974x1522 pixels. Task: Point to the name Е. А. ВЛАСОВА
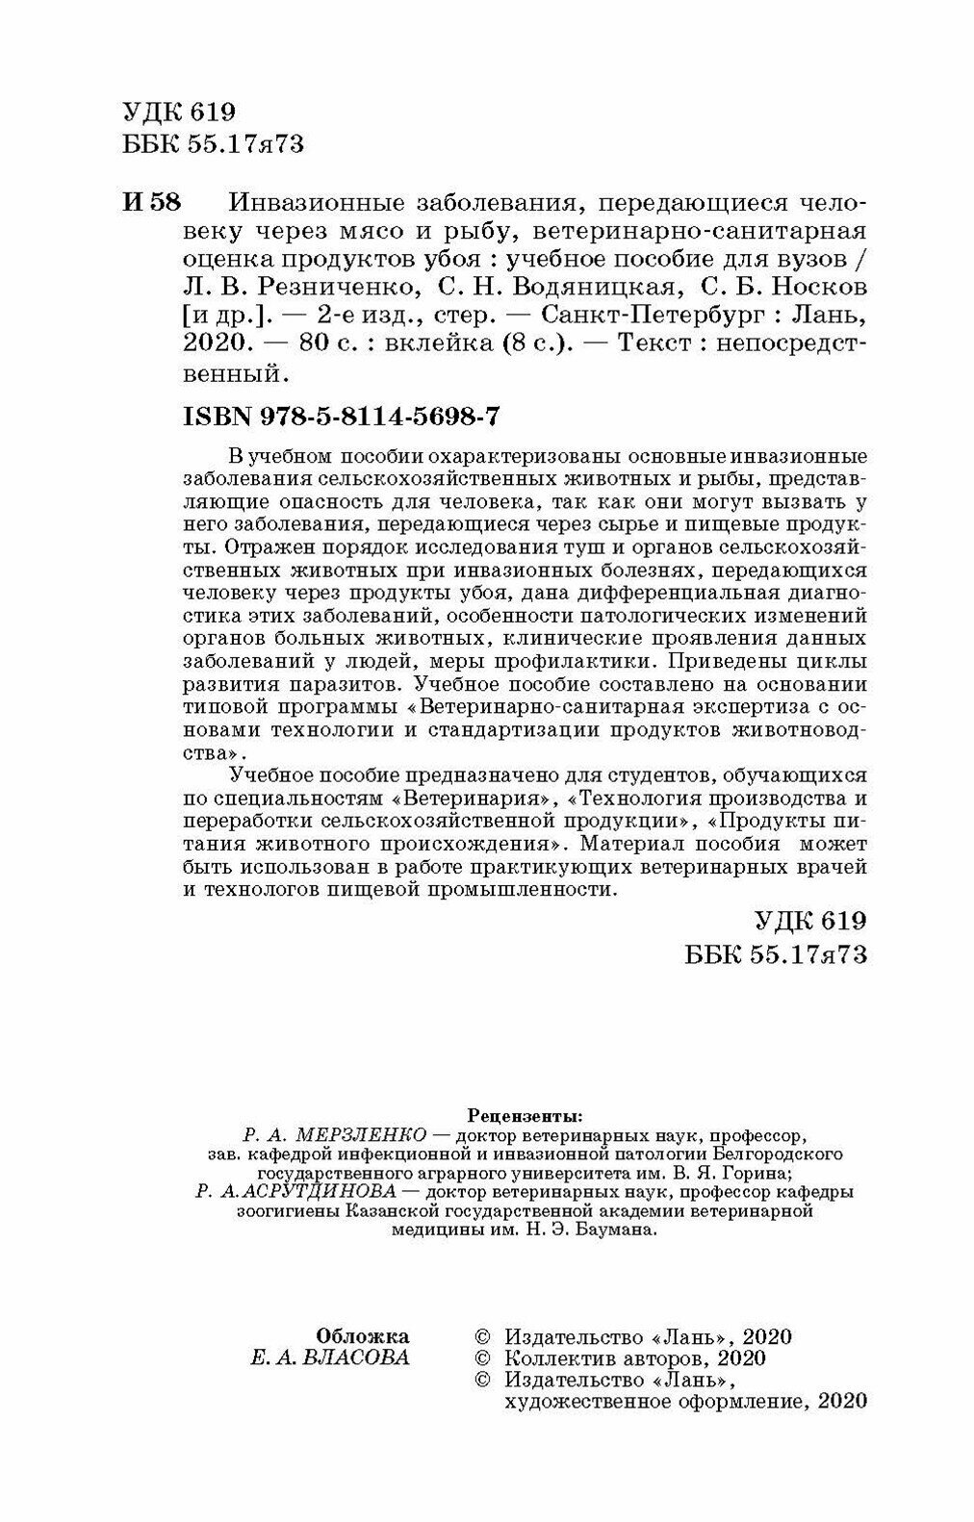click(328, 1357)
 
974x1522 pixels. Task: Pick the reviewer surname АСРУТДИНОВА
click(343, 1190)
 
